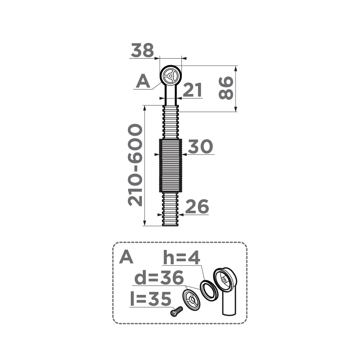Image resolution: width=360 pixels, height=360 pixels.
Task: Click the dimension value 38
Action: tap(142, 50)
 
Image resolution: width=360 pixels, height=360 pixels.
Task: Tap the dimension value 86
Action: tap(226, 88)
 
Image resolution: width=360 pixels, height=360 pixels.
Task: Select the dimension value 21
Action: tap(192, 90)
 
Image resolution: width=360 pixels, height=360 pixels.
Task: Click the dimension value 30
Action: tap(200, 147)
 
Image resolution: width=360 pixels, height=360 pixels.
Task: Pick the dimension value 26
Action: tap(197, 207)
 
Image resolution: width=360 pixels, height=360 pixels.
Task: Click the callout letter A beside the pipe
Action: tap(143, 81)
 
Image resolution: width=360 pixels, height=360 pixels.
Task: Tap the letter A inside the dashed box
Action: tap(126, 257)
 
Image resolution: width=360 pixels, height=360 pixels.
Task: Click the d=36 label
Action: tap(159, 278)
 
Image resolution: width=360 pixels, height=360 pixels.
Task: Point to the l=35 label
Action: tap(151, 299)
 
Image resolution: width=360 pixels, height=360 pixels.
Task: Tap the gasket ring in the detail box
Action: tap(208, 290)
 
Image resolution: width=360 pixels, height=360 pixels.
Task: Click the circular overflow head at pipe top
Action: tap(170, 76)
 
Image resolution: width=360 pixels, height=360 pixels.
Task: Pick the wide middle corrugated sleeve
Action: tap(170, 165)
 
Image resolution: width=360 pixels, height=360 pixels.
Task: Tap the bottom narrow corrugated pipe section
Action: tap(170, 209)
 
